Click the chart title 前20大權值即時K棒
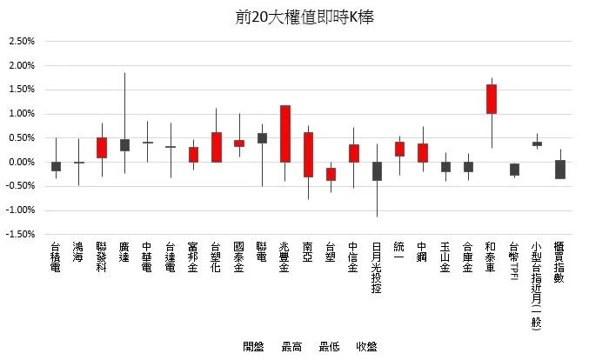click(x=304, y=17)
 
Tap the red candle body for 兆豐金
click(x=284, y=134)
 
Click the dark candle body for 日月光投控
click(x=377, y=171)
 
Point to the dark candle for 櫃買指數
click(x=560, y=170)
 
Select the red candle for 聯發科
click(x=102, y=148)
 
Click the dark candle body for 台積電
click(x=56, y=166)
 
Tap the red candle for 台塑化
click(x=217, y=147)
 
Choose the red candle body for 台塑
click(x=331, y=174)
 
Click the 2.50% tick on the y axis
click(x=21, y=42)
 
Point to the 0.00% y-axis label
click(x=21, y=163)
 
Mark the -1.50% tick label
click(x=20, y=235)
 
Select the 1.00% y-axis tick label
click(x=21, y=114)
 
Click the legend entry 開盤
click(x=254, y=347)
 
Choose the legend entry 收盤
click(x=366, y=347)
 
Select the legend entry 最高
click(x=291, y=347)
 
